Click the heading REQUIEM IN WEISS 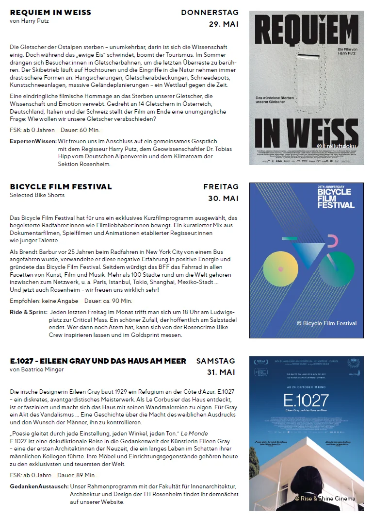[x=50, y=12]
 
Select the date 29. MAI [x=224, y=24]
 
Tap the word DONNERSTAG [x=210, y=12]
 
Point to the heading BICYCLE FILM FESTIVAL [x=61, y=186]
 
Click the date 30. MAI [x=223, y=198]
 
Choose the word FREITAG [x=221, y=186]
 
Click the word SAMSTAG [x=215, y=361]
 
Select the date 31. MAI [x=221, y=372]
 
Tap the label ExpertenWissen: [x=32, y=141]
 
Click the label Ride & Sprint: [x=29, y=312]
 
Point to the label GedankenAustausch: [x=39, y=486]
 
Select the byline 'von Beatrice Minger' [x=36, y=369]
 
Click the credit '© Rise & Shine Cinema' [x=324, y=499]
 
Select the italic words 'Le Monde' [x=194, y=433]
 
